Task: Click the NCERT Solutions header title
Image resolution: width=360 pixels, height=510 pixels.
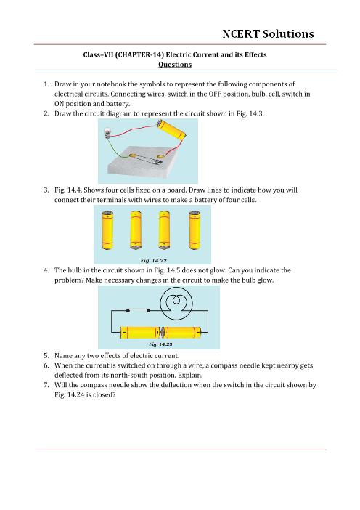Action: [x=268, y=34]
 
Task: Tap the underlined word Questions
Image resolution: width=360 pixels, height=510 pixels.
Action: [x=175, y=65]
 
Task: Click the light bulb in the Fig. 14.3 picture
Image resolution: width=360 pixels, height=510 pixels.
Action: [x=107, y=133]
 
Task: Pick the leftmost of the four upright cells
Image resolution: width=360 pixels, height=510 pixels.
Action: [x=107, y=230]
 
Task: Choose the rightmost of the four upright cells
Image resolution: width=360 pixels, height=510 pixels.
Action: [x=195, y=230]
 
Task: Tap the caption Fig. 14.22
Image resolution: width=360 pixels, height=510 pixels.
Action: [x=153, y=260]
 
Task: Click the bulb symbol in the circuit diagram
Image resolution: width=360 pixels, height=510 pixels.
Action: [x=176, y=304]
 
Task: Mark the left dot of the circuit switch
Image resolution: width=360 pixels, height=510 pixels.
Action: [x=128, y=311]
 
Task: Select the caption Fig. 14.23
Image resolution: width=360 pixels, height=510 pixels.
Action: [x=160, y=344]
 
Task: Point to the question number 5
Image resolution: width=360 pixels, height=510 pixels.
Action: [x=46, y=355]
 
